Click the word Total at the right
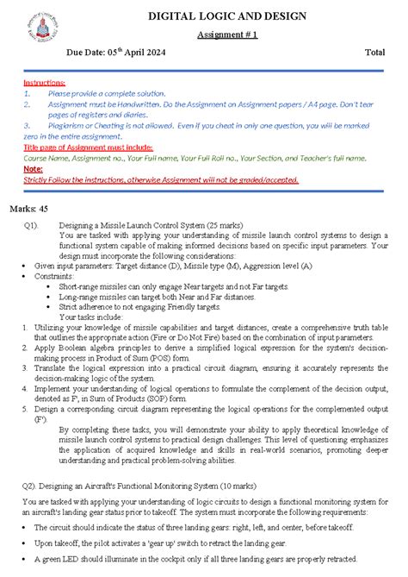click(x=374, y=53)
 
